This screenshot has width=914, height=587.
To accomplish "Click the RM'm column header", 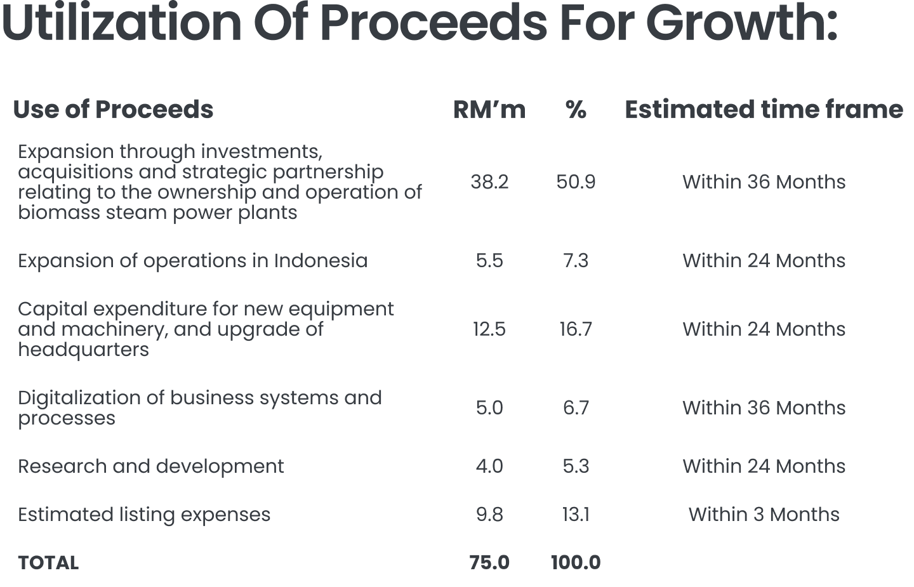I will (489, 110).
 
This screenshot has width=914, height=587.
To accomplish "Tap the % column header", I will (576, 110).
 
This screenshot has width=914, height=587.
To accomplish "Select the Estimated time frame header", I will (764, 110).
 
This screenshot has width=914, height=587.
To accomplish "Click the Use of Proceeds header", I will (113, 110).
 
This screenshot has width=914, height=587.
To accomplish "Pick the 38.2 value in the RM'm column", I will (489, 182).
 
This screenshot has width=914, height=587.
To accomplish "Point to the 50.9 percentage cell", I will (576, 182).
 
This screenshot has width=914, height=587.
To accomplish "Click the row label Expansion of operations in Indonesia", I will (192, 261).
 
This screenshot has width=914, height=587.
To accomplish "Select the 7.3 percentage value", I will (576, 261).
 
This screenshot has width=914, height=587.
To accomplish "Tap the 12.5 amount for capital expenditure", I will (489, 329).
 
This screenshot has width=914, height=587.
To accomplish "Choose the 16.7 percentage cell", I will (576, 329).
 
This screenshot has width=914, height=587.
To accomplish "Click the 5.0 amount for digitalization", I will (489, 408).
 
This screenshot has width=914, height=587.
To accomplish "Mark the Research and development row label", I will (150, 466).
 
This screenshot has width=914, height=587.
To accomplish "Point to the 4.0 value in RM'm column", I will (489, 466).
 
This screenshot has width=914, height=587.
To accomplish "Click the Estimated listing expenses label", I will (143, 515).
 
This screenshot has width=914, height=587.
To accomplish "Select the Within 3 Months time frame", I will (764, 515).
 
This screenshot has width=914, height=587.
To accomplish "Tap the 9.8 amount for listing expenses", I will (489, 515).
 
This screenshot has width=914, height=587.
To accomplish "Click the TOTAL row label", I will (48, 563).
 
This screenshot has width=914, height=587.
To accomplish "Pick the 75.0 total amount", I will (489, 563).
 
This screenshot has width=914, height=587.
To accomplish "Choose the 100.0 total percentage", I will (576, 563).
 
